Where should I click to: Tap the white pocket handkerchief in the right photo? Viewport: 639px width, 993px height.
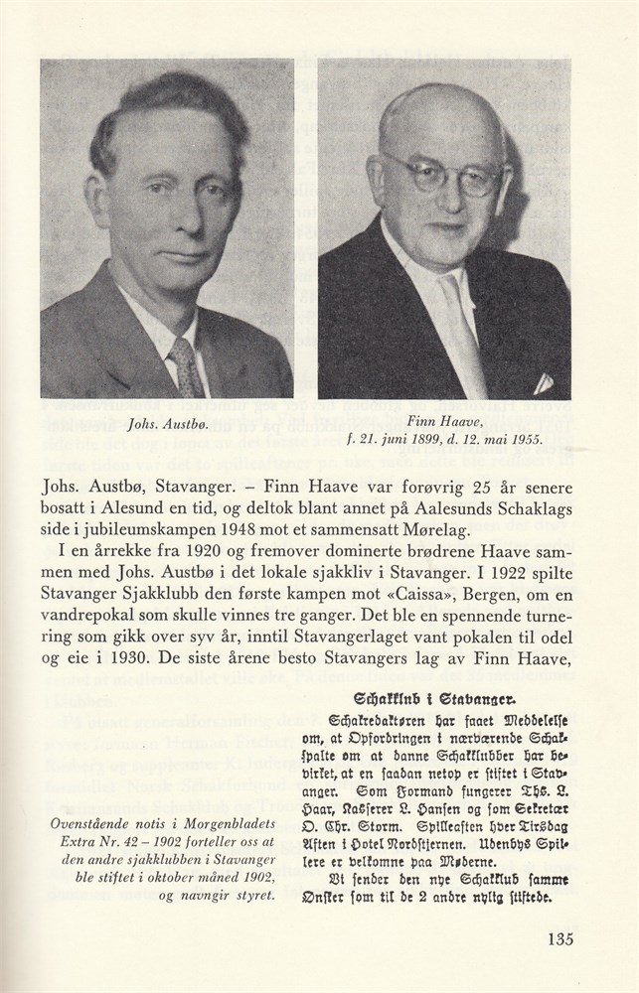pyautogui.click(x=542, y=382)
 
